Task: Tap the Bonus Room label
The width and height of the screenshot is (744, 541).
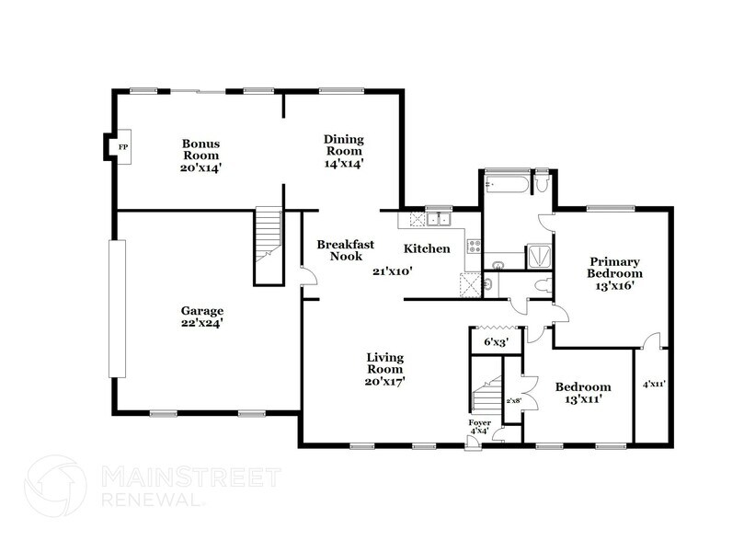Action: (x=200, y=150)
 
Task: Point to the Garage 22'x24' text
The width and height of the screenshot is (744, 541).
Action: (x=201, y=317)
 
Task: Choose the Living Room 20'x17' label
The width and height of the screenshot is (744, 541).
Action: (x=386, y=368)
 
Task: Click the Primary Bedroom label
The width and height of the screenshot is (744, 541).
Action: (x=615, y=273)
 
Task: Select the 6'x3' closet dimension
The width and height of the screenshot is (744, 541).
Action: (x=497, y=342)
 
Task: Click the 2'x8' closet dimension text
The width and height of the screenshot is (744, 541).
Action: (x=513, y=401)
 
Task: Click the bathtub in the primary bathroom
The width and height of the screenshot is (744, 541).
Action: (x=507, y=187)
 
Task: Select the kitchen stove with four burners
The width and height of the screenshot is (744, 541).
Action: (x=475, y=247)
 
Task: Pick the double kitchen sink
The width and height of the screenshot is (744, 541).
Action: (x=438, y=220)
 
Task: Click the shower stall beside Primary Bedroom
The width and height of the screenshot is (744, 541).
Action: (x=540, y=257)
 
